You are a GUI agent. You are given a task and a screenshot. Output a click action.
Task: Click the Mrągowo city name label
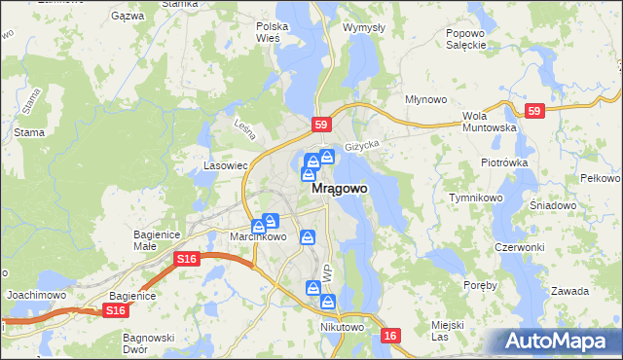(x=339, y=191)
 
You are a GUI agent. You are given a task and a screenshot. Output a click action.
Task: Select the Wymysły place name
(x=363, y=27)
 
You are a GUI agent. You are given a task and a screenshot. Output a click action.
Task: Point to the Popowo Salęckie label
(x=465, y=39)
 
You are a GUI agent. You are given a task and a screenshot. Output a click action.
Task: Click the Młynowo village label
(x=425, y=99)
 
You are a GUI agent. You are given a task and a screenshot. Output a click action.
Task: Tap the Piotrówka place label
(x=503, y=162)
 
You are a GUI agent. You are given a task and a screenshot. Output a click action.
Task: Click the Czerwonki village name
(x=519, y=247)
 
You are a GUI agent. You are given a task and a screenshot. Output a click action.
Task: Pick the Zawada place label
(x=569, y=291)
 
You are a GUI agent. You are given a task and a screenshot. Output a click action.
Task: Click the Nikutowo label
(x=341, y=327)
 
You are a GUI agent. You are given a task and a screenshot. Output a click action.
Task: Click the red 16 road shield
(x=391, y=335)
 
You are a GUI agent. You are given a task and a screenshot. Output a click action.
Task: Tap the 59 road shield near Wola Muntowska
(x=532, y=112)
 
